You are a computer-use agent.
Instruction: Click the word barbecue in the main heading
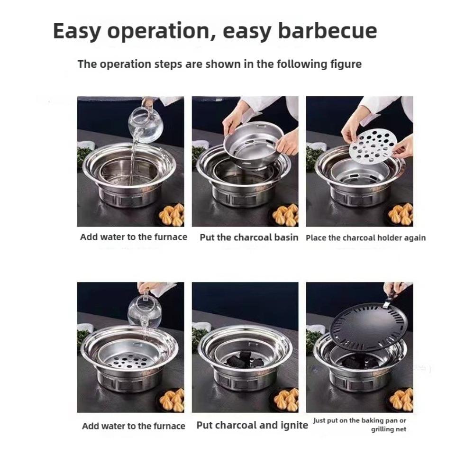[x=328, y=31]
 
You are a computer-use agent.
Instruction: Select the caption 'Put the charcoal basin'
[x=249, y=237]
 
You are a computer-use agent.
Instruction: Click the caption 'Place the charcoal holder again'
[x=365, y=238]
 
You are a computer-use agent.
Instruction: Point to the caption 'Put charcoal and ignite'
[x=252, y=425]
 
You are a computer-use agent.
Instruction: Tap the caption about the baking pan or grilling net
[x=360, y=425]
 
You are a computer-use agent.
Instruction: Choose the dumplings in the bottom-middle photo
[x=286, y=399]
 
